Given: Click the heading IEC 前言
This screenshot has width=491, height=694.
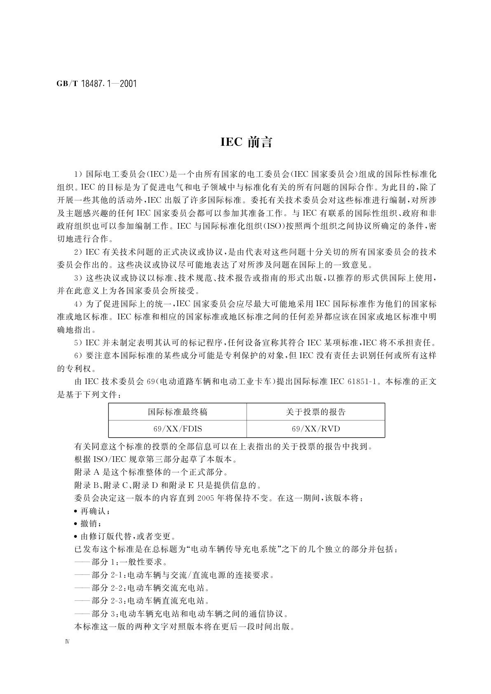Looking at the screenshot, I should (247, 142).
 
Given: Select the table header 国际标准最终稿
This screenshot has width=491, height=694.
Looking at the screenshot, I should (178, 412).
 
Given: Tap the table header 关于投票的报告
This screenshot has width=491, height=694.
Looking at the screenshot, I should (316, 412).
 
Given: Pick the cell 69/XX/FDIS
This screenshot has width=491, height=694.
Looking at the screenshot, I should (178, 429).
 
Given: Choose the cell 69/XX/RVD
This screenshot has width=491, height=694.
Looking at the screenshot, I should (316, 429).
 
